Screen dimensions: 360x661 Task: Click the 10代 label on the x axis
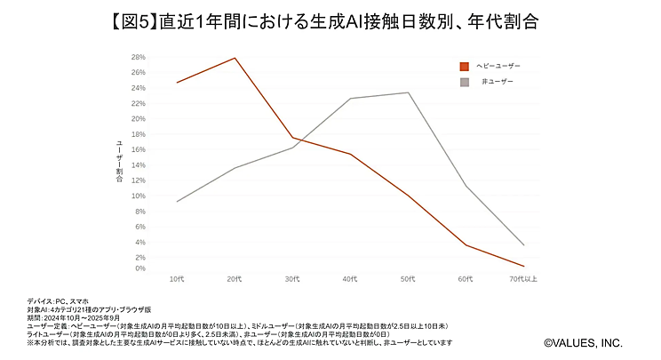[x=177, y=279]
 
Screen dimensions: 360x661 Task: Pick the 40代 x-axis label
[x=350, y=279]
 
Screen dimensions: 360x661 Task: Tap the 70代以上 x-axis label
[x=522, y=279]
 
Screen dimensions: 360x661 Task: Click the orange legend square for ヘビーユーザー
[x=464, y=66]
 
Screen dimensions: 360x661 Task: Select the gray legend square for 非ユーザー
[x=464, y=82]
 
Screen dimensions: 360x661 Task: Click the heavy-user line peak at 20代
[x=235, y=58]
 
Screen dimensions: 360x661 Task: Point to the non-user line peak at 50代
[x=408, y=92]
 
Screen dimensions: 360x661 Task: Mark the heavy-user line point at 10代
[x=177, y=83]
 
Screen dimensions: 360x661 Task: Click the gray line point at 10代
[x=177, y=202]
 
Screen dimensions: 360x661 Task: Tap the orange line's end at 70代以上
[x=523, y=266]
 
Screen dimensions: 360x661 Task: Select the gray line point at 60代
[x=466, y=185]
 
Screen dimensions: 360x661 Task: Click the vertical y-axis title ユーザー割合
[x=118, y=163]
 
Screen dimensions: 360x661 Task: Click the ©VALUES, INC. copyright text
[x=583, y=341]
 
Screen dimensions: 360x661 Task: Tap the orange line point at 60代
[x=466, y=245]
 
